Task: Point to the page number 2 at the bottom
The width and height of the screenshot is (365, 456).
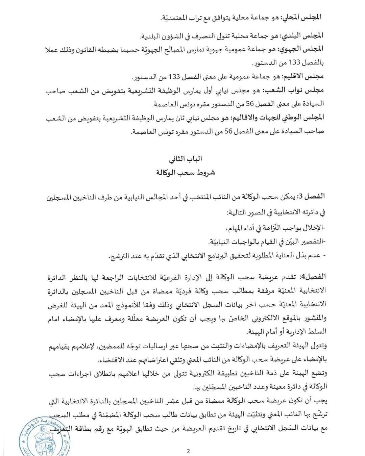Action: pyautogui.click(x=188, y=451)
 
